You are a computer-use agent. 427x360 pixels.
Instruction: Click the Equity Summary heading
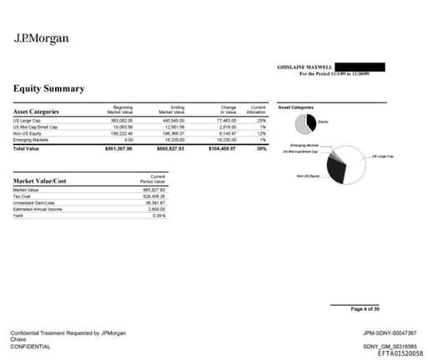[x=48, y=88]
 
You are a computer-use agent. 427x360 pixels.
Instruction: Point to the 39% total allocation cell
[x=260, y=148]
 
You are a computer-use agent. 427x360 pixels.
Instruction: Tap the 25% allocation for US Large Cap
[x=260, y=120]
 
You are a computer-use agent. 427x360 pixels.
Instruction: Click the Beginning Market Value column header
[x=122, y=109]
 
